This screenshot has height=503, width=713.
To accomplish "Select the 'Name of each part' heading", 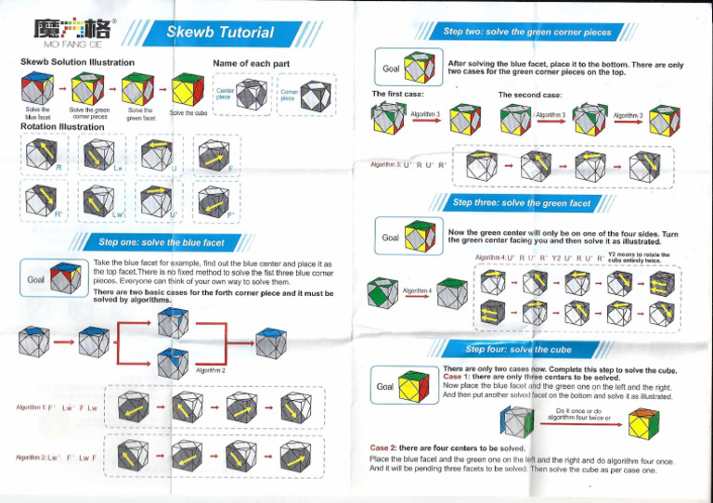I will pos(251,62).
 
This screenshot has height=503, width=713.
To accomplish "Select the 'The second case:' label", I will pos(529,95).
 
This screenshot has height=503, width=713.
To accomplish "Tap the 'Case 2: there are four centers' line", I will pos(436,448).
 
